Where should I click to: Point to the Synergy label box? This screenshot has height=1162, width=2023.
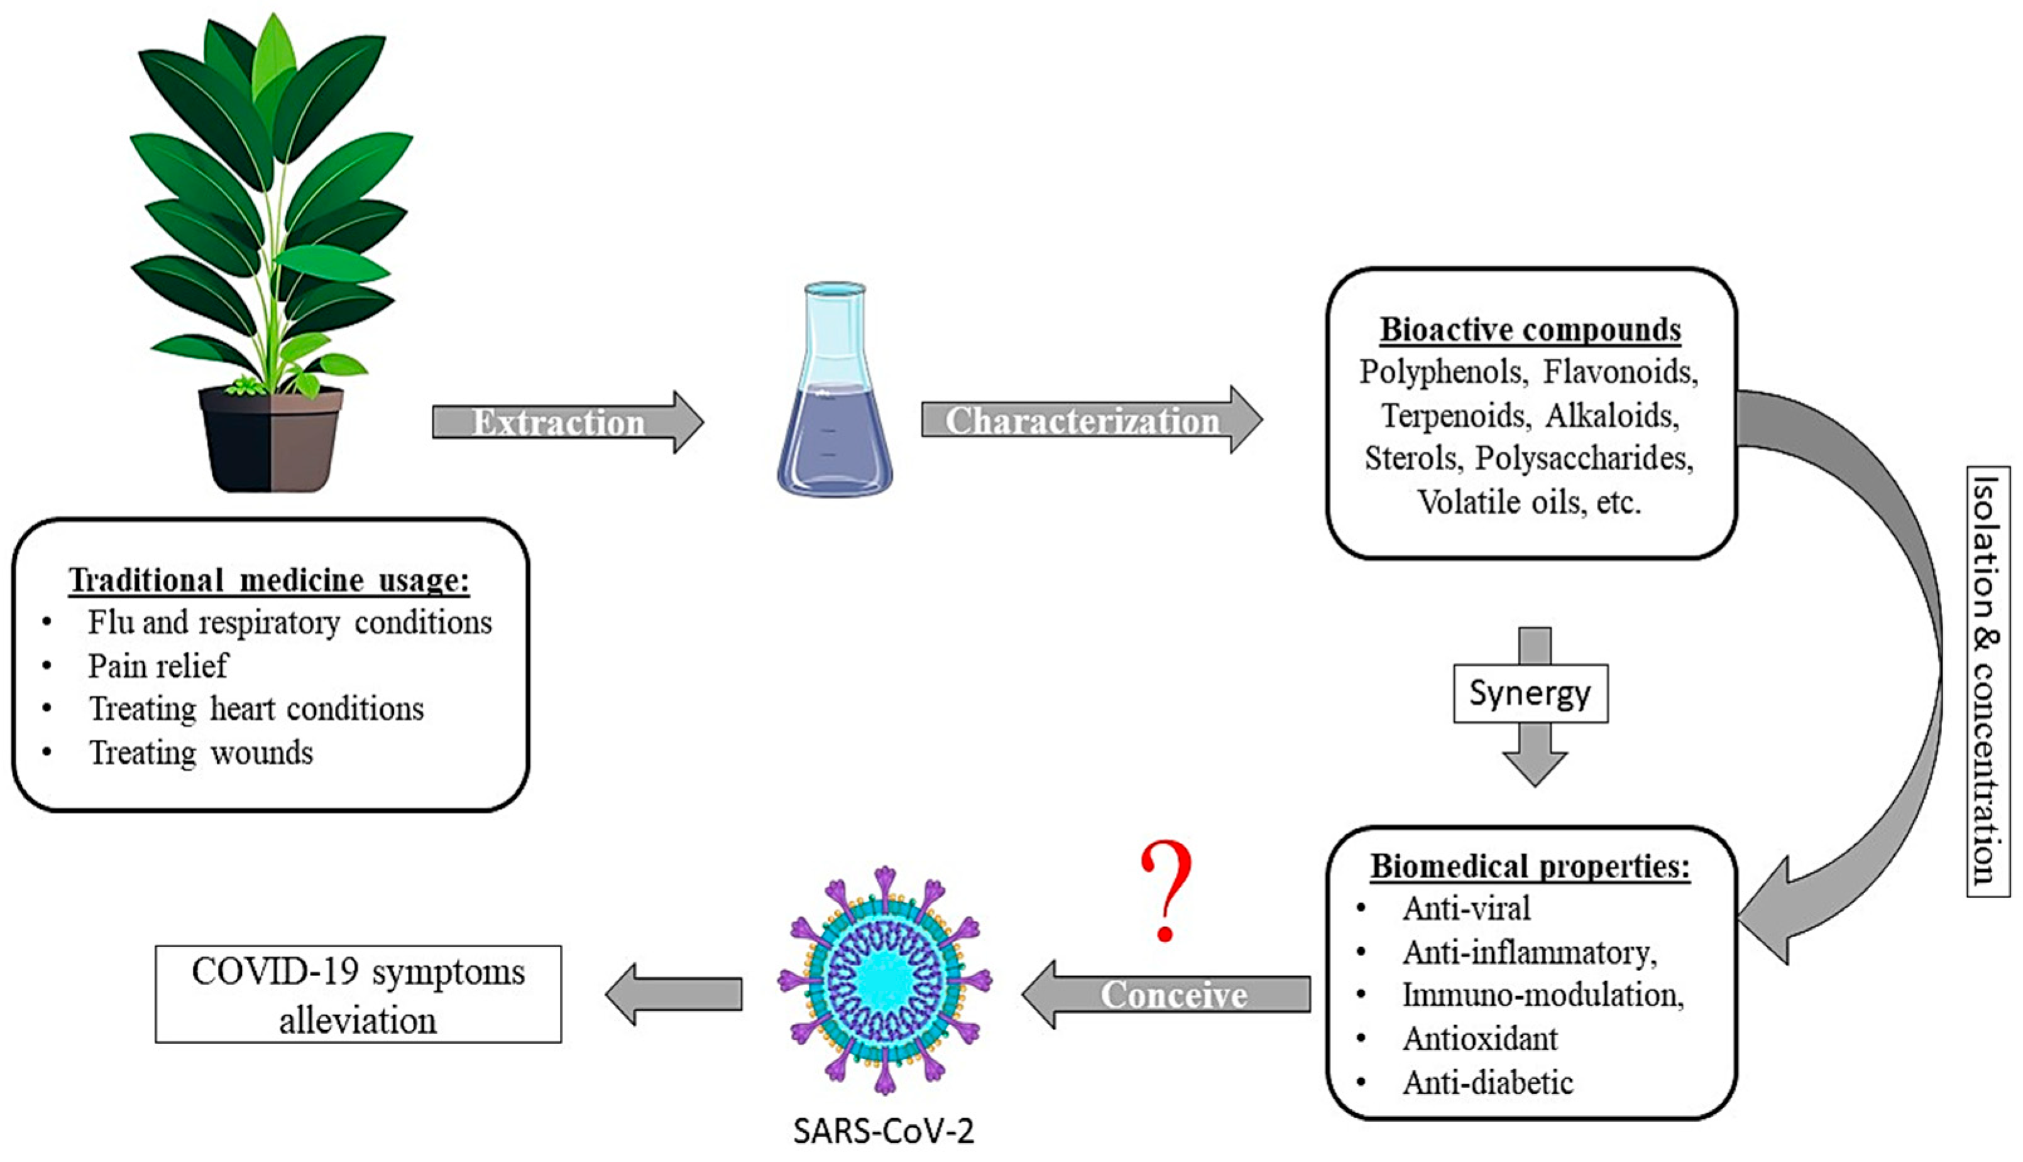tap(1530, 693)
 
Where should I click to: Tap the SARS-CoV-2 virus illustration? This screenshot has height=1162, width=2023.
tap(885, 979)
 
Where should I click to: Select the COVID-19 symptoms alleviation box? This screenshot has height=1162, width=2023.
tap(358, 994)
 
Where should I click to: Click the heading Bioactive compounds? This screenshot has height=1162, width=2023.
tap(1530, 330)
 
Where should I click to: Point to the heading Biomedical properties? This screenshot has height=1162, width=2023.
tap(1530, 866)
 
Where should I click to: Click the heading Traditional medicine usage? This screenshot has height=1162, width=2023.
tap(269, 580)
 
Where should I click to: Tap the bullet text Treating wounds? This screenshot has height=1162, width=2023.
tap(200, 752)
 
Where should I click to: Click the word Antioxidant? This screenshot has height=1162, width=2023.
tap(1479, 1038)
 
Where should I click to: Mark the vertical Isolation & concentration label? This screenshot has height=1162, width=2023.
tap(1988, 681)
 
